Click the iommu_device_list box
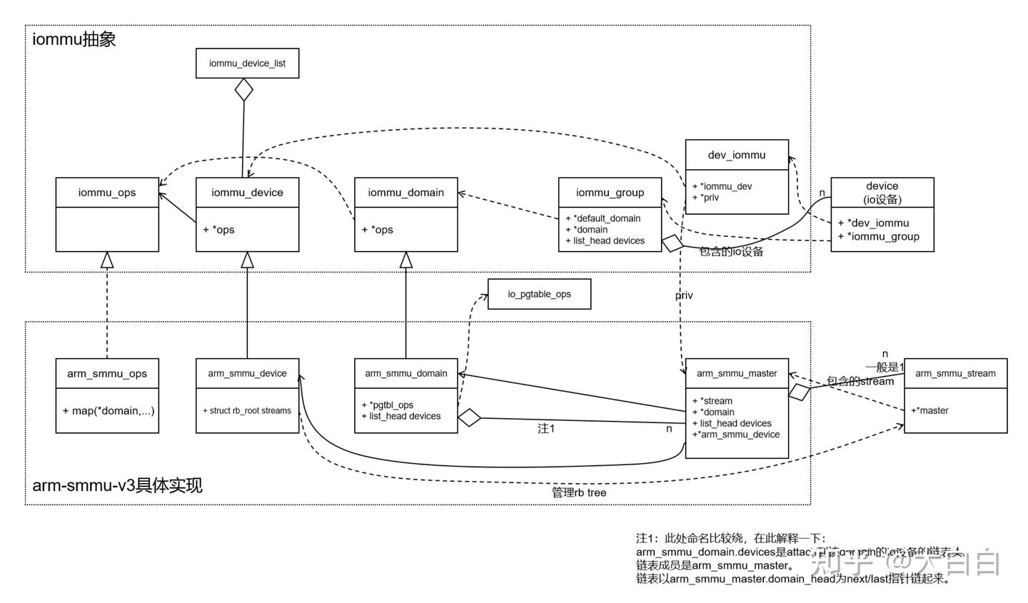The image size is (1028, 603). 247,64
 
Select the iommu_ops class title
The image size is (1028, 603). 107,193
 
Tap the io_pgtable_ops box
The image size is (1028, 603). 539,294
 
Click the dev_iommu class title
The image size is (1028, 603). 737,155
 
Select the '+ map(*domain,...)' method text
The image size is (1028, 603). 108,411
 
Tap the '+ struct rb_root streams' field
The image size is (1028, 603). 247,411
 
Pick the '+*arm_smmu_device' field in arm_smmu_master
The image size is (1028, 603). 736,435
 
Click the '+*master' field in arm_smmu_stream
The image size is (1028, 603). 929,410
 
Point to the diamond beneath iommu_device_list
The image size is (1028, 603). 245,90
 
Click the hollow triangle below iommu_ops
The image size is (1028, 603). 107,260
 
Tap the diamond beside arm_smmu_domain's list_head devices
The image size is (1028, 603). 469,418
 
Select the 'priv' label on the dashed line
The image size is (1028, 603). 684,295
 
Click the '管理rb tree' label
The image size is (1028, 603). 579,492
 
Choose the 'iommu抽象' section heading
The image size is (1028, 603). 74,39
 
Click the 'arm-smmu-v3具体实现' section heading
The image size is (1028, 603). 118,486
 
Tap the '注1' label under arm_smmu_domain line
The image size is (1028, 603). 545,429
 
